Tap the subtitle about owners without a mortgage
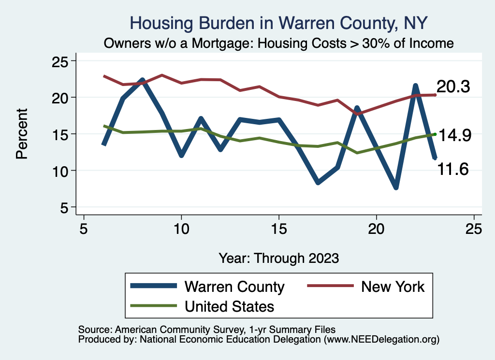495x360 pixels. click(279, 43)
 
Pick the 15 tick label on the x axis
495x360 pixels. click(279, 229)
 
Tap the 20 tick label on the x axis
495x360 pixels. click(376, 229)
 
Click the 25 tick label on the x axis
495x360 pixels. click(474, 229)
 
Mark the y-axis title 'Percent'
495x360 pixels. click(21, 134)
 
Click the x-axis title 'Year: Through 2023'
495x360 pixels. click(279, 258)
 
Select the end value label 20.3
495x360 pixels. click(453, 87)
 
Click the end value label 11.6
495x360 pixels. click(453, 169)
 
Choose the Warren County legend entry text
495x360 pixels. click(234, 287)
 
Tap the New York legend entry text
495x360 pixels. click(393, 287)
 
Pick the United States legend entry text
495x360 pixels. click(229, 306)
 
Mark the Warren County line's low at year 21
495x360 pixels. click(396, 187)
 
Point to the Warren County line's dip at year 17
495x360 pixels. click(318, 183)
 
